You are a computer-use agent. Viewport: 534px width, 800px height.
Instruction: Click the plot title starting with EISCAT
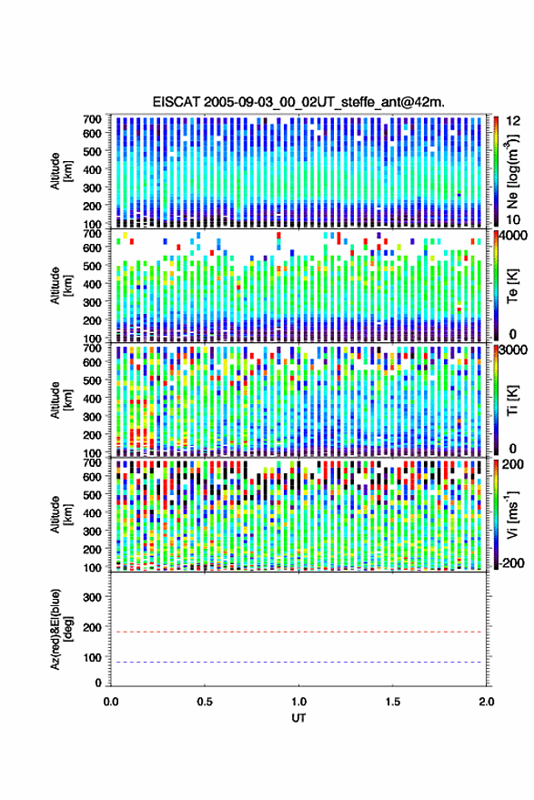(x=298, y=102)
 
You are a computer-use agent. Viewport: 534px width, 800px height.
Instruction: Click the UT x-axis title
(x=298, y=718)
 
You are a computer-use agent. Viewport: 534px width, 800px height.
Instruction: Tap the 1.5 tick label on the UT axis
(x=393, y=702)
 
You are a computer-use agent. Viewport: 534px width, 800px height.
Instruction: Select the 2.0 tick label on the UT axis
(x=487, y=702)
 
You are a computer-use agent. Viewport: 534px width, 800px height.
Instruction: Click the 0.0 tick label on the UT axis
(x=111, y=702)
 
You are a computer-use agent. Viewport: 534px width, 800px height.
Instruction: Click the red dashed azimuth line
(x=299, y=632)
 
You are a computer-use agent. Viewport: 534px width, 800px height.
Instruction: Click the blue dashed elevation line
(x=299, y=662)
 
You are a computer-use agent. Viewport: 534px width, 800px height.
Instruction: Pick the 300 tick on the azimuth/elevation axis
(x=92, y=597)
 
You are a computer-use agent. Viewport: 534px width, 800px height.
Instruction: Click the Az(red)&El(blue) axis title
(x=61, y=629)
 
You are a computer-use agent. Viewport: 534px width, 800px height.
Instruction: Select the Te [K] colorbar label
(x=512, y=287)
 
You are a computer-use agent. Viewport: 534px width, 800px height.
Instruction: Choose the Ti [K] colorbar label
(x=512, y=400)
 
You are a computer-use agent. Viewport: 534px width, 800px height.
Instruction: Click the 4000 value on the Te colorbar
(x=513, y=237)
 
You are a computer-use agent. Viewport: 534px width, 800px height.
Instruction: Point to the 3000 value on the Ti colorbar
(x=513, y=350)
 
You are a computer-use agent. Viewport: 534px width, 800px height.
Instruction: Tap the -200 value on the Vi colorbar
(x=511, y=563)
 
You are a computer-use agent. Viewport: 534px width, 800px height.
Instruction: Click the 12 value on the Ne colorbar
(x=513, y=121)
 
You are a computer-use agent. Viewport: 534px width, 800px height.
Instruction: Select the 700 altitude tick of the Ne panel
(x=92, y=119)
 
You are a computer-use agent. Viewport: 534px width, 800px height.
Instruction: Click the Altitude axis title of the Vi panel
(x=61, y=514)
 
